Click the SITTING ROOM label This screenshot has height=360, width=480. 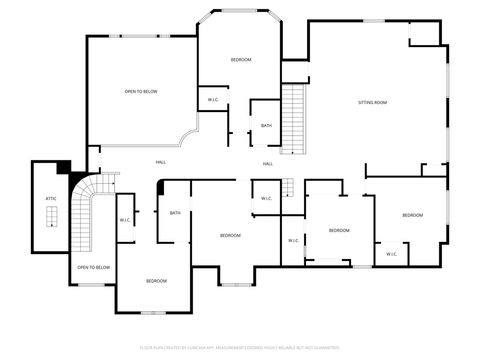pyautogui.click(x=373, y=103)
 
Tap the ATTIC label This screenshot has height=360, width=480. pyautogui.click(x=51, y=199)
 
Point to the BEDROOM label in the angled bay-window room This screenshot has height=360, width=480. pyautogui.click(x=241, y=60)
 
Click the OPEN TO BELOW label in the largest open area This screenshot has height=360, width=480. pyautogui.click(x=141, y=91)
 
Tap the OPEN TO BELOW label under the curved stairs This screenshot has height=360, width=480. pyautogui.click(x=93, y=267)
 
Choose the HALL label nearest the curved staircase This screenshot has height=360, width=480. pyautogui.click(x=160, y=162)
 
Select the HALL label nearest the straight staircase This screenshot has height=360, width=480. pyautogui.click(x=268, y=163)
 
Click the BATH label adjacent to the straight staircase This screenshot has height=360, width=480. pyautogui.click(x=266, y=125)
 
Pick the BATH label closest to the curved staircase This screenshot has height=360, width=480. pyautogui.click(x=175, y=212)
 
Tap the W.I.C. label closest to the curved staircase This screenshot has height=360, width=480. pyautogui.click(x=126, y=220)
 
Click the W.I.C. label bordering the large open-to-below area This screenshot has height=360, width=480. pyautogui.click(x=214, y=100)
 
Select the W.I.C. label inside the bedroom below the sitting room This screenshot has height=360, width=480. pyautogui.click(x=390, y=253)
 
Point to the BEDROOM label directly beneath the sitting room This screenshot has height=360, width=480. pyautogui.click(x=413, y=215)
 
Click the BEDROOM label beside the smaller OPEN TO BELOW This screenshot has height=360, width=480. pyautogui.click(x=156, y=281)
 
